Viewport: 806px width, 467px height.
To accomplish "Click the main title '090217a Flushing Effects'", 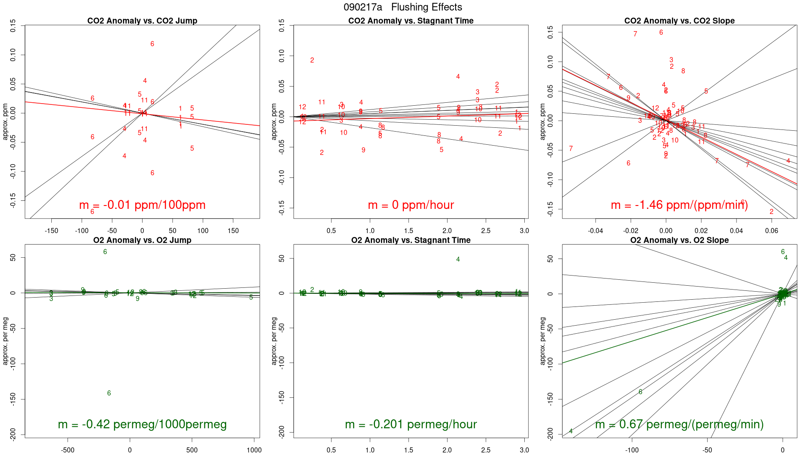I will click(x=403, y=7).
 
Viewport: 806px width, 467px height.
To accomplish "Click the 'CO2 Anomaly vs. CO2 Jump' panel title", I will click(x=142, y=21).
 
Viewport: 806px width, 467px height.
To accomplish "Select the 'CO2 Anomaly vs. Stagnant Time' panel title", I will click(x=411, y=21).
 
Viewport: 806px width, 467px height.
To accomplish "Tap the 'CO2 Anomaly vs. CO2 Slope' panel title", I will click(x=679, y=21).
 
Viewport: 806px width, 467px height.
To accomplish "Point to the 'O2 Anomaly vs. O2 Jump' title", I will click(x=142, y=240).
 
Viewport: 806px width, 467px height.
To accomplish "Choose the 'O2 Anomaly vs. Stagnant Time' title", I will click(x=411, y=240).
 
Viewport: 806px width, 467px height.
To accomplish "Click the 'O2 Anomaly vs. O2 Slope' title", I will click(x=679, y=240).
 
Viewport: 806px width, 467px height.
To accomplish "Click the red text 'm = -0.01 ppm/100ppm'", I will click(x=142, y=205).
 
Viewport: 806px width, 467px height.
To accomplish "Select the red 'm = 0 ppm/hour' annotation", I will click(x=411, y=205).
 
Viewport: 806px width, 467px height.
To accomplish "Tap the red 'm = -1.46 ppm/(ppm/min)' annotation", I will click(x=679, y=205).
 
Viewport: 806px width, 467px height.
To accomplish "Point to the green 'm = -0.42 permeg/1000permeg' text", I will click(x=142, y=425).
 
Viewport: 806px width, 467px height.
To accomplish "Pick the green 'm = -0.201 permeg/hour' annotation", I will click(x=411, y=425).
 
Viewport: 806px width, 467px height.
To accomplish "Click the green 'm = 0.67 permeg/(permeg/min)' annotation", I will click(x=679, y=425).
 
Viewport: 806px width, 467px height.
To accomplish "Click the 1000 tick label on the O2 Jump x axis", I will click(x=254, y=450).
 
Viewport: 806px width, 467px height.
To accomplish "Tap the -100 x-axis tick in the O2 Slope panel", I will click(x=632, y=450).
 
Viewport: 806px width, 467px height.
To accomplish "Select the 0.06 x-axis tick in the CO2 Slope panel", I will click(x=772, y=231).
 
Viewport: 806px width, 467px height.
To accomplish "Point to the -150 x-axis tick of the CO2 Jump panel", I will click(x=51, y=231).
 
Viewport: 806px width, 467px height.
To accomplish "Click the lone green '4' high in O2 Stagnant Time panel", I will click(x=458, y=259).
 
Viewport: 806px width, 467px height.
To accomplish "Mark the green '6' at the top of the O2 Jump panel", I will click(x=105, y=252).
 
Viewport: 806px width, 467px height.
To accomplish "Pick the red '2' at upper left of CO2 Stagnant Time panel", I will click(x=312, y=60).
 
